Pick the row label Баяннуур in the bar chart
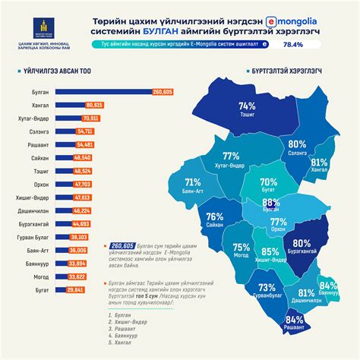(x=36, y=264)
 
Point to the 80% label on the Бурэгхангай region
(x=302, y=242)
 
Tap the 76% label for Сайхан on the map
(x=214, y=216)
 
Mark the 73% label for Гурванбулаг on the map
(x=267, y=289)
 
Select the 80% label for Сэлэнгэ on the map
(x=297, y=144)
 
